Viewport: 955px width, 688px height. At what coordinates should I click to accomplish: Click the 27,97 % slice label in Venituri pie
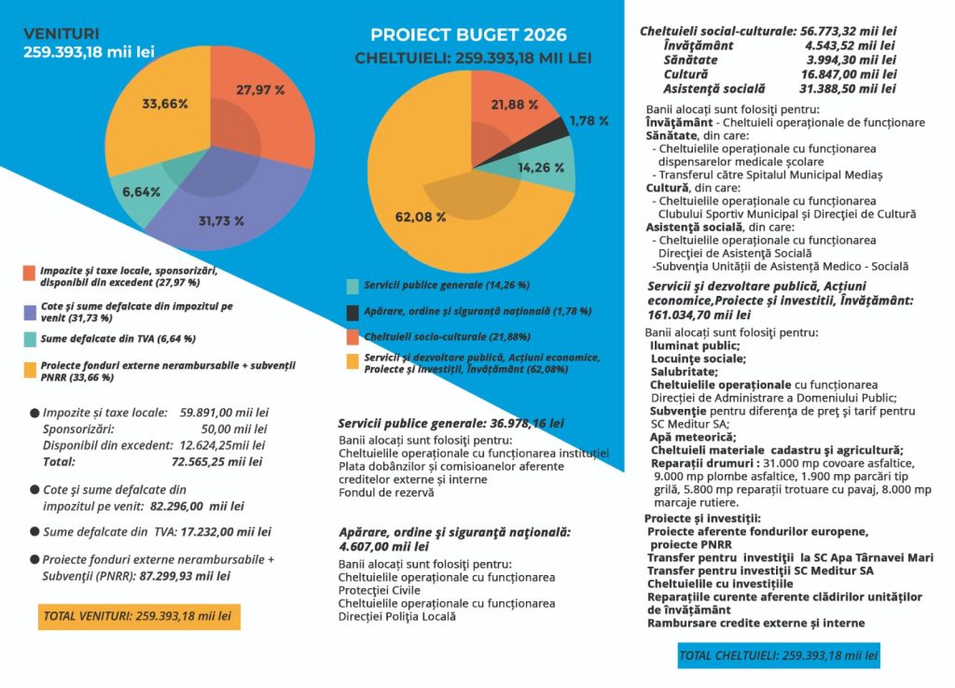tap(260, 91)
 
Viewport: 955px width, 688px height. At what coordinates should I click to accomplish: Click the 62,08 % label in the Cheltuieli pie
tap(421, 217)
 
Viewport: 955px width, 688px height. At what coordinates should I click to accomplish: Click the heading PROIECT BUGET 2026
tap(468, 35)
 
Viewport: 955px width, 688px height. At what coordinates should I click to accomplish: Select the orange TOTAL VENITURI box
tap(139, 616)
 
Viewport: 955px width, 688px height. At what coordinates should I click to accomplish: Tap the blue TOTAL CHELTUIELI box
tap(779, 655)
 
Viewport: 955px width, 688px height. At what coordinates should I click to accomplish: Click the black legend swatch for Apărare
tap(352, 313)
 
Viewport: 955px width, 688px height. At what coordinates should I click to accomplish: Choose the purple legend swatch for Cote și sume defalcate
tap(30, 313)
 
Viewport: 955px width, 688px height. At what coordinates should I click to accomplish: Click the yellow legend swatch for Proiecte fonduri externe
tap(30, 370)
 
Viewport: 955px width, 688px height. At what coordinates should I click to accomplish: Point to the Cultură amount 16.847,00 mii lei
tap(849, 75)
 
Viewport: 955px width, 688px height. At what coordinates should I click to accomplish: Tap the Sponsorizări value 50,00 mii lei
tap(234, 429)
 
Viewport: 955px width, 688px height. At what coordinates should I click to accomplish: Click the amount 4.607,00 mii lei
tap(383, 547)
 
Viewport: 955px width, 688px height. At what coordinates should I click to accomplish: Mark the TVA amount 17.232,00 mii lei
tap(226, 532)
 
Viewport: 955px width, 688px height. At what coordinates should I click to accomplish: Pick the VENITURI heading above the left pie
tap(61, 35)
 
